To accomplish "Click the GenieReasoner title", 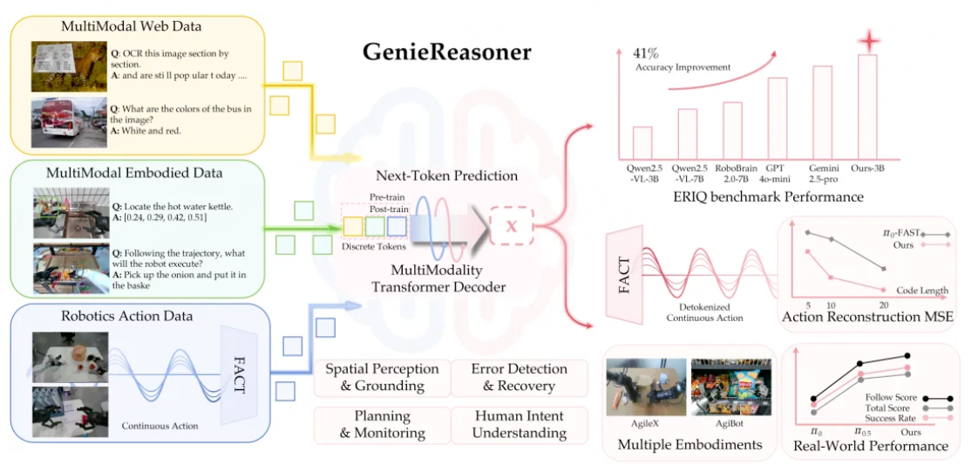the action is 446,51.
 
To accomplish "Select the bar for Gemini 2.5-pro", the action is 822,112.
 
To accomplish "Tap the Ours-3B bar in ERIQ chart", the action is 867,106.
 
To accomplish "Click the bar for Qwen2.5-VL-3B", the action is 642,142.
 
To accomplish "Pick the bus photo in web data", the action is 69,121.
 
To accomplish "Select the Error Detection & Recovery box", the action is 519,377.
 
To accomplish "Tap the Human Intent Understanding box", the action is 519,425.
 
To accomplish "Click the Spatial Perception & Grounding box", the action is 382,377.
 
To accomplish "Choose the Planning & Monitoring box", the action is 382,425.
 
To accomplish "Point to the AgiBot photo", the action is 731,387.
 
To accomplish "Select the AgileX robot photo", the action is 646,387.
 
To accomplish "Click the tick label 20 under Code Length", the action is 884,305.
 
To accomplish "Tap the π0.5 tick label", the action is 863,432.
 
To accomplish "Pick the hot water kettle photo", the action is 71,212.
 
